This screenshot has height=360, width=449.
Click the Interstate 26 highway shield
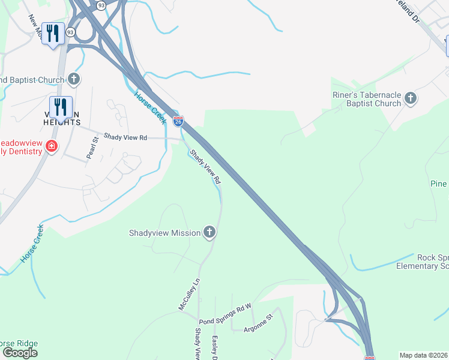tap(178, 121)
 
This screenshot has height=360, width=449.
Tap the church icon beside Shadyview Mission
tap(209, 232)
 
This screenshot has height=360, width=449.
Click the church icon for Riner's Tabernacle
tap(411, 97)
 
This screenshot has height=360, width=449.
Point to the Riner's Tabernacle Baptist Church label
tap(367, 99)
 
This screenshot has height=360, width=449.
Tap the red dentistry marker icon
tap(52, 146)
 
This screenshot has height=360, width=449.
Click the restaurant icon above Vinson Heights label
tap(61, 107)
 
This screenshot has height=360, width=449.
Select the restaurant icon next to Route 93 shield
tap(53, 34)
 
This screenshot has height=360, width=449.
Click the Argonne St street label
tap(259, 322)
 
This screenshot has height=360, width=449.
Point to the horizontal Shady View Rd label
tap(125, 137)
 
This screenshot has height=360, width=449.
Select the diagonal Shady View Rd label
tap(205, 166)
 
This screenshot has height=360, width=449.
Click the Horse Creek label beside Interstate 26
tap(150, 107)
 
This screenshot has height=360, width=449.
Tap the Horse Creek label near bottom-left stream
tap(32, 244)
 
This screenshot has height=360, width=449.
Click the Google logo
tap(20, 353)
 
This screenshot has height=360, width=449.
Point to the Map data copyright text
tap(423, 355)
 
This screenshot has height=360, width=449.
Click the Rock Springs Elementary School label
tap(427, 262)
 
